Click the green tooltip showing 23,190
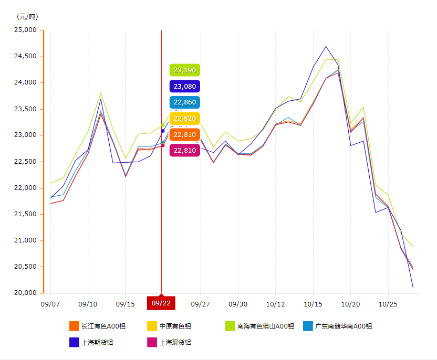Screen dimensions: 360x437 pos(185,70)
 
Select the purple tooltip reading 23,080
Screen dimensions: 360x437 pos(185,87)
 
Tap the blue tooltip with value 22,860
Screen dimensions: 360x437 pos(185,103)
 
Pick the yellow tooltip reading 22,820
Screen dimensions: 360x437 pos(185,119)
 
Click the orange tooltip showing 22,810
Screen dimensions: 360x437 pos(185,135)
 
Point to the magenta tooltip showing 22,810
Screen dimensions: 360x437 pos(185,151)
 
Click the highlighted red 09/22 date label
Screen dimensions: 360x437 pos(161,303)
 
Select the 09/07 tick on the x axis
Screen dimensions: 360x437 pos(50,304)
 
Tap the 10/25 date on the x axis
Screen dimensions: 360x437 pos(388,304)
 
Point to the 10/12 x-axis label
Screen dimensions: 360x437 pos(276,304)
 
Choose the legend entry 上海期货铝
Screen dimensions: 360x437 pos(97,342)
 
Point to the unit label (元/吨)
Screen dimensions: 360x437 pos(27,16)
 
